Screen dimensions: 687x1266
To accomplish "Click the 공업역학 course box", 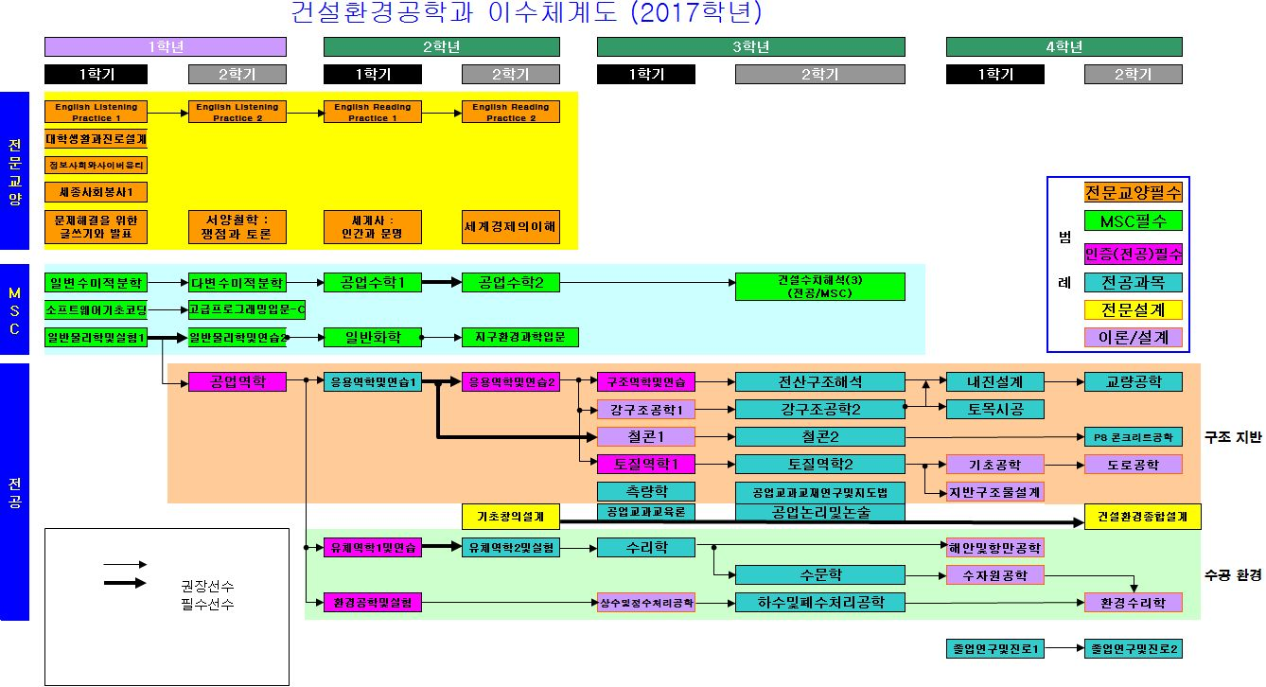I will (x=237, y=382).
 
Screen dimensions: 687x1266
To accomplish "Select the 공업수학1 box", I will (x=372, y=282).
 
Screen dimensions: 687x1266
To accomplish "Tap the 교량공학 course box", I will (x=1133, y=382).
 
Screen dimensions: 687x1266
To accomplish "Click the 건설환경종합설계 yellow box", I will (x=1143, y=517).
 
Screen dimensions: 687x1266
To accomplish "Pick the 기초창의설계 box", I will (x=511, y=517).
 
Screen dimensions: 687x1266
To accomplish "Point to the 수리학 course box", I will (x=646, y=547).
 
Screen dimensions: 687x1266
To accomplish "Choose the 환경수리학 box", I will (x=1133, y=602).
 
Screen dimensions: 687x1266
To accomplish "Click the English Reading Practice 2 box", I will (x=511, y=113).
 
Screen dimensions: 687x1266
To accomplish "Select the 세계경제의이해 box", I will (x=511, y=227).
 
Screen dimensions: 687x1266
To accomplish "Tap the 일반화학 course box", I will (x=372, y=337).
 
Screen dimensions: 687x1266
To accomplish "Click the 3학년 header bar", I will (x=750, y=47).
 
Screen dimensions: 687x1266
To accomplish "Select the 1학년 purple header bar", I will (x=166, y=47).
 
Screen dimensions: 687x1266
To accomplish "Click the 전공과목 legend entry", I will (x=1133, y=282).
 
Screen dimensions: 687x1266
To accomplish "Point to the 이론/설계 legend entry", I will (x=1133, y=338).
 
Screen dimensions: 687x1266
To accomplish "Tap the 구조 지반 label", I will (x=1233, y=437).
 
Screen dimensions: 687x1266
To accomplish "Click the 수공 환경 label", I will (x=1233, y=575).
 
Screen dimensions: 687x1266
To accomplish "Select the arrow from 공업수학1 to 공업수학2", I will (x=441, y=282).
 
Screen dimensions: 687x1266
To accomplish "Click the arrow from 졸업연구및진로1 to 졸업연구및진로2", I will (x=1064, y=649).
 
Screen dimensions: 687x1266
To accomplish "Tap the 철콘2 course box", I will (x=820, y=437).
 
